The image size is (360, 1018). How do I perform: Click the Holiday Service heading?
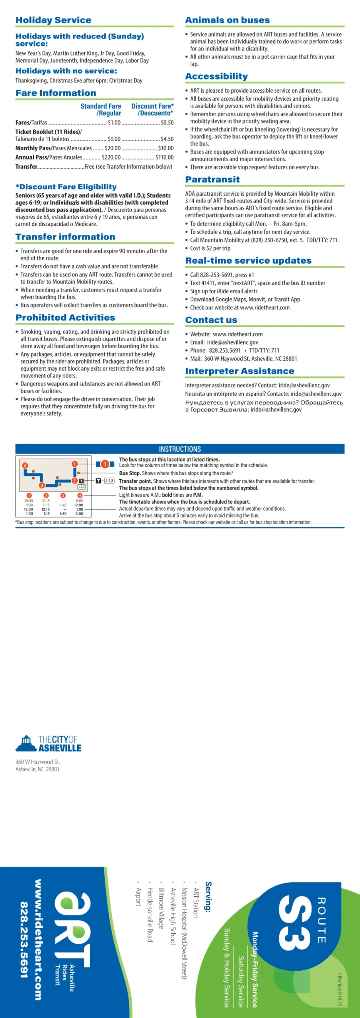pyautogui.click(x=53, y=20)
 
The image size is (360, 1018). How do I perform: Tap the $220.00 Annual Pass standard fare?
pyautogui.click(x=111, y=157)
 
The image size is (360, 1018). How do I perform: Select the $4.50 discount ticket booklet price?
pyautogui.click(x=167, y=139)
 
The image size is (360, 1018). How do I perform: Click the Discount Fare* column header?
pyautogui.click(x=152, y=110)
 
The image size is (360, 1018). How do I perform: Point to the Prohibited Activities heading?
pyautogui.click(x=65, y=317)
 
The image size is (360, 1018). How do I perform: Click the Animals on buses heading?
pyautogui.click(x=227, y=20)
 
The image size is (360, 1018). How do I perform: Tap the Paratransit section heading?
pyautogui.click(x=212, y=179)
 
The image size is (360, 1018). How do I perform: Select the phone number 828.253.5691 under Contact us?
pyautogui.click(x=225, y=350)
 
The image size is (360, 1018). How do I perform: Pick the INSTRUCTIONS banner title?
pyautogui.click(x=180, y=449)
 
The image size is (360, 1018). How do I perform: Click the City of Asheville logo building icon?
pyautogui.click(x=26, y=743)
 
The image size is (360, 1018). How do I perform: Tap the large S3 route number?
pyautogui.click(x=295, y=922)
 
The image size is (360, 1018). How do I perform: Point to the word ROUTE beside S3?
pyautogui.click(x=321, y=919)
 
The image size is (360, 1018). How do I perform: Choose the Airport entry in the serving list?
pyautogui.click(x=138, y=897)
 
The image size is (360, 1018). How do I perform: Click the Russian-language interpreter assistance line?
pyautogui.click(x=264, y=406)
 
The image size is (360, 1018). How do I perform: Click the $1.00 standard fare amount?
pyautogui.click(x=114, y=123)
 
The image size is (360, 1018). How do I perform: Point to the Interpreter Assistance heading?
pyautogui.click(x=239, y=371)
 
